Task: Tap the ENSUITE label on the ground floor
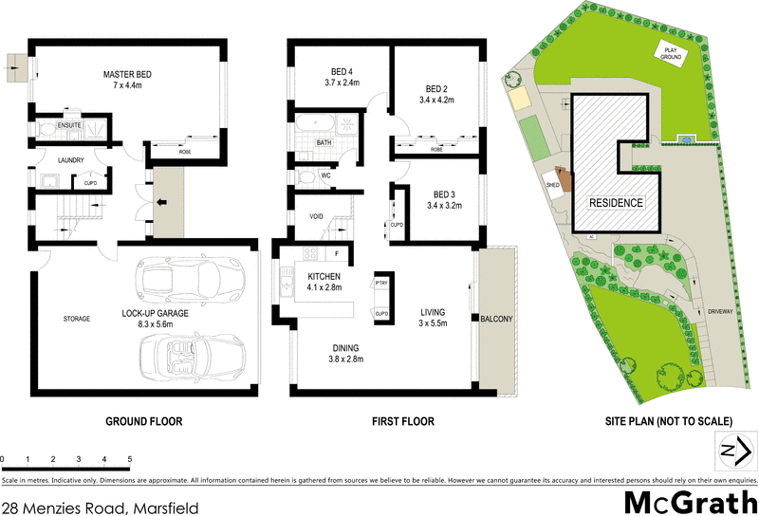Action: coord(69,124)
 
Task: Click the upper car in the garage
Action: coord(189,279)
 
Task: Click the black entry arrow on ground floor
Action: coord(163,201)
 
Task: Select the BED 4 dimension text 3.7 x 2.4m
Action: coord(342,83)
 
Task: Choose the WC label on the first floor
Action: coord(325,175)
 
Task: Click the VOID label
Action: coord(317,216)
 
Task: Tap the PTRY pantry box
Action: coord(381,284)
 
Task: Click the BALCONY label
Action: coord(497,320)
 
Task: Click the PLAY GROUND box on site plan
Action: coord(670,54)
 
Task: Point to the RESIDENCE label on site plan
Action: coord(616,203)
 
